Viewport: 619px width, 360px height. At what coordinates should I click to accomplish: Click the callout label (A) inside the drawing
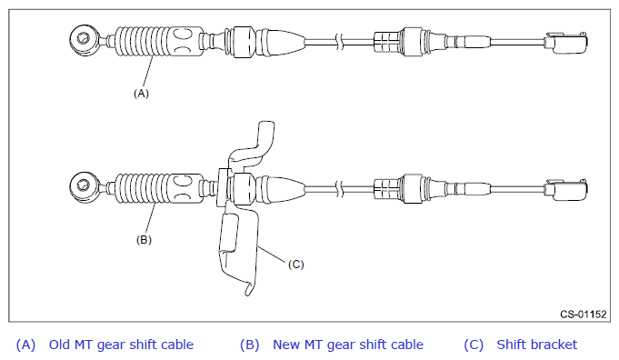pyautogui.click(x=141, y=94)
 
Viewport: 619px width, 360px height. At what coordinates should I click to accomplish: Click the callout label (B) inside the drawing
pyautogui.click(x=144, y=240)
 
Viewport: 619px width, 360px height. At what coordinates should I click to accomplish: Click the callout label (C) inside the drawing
pyautogui.click(x=296, y=264)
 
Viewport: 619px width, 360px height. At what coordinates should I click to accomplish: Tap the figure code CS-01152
pyautogui.click(x=583, y=315)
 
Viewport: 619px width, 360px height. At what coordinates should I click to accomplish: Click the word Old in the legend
pyautogui.click(x=60, y=345)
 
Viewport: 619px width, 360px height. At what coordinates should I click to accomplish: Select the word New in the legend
pyautogui.click(x=286, y=345)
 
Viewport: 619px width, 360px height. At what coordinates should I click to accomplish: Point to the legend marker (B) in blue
pyautogui.click(x=249, y=345)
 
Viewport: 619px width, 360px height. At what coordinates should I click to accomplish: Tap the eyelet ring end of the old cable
pyautogui.click(x=85, y=40)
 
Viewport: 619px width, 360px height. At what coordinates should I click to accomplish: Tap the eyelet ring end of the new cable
pyautogui.click(x=85, y=186)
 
